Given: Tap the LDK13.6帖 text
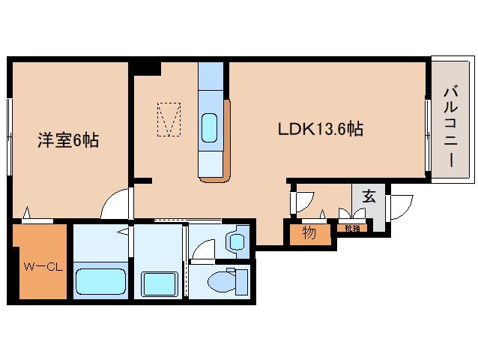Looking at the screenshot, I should point(321,129).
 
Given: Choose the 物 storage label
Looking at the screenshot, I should point(309,233).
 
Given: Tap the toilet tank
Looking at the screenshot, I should point(241,282).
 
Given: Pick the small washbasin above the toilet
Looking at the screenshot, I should point(238,241).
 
